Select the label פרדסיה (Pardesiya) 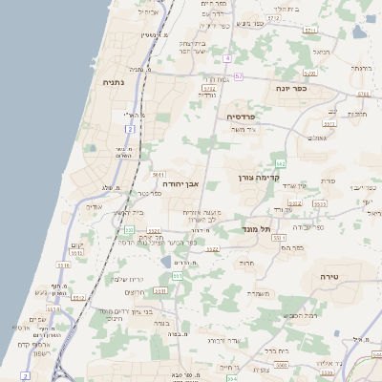pos(243,117)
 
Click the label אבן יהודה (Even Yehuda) pos(180,182)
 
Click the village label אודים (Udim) pos(94,206)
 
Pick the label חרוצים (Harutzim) pos(135,293)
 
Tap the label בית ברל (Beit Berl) pos(276,351)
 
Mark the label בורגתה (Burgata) pos(360,68)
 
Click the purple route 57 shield pos(239,75)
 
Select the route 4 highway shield pos(228,58)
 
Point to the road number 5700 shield pos(309,31)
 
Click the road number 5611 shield pos(159,175)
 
